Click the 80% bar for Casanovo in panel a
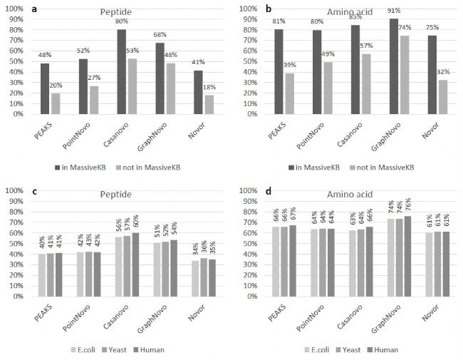[x=122, y=71]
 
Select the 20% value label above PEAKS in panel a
[x=55, y=85]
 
